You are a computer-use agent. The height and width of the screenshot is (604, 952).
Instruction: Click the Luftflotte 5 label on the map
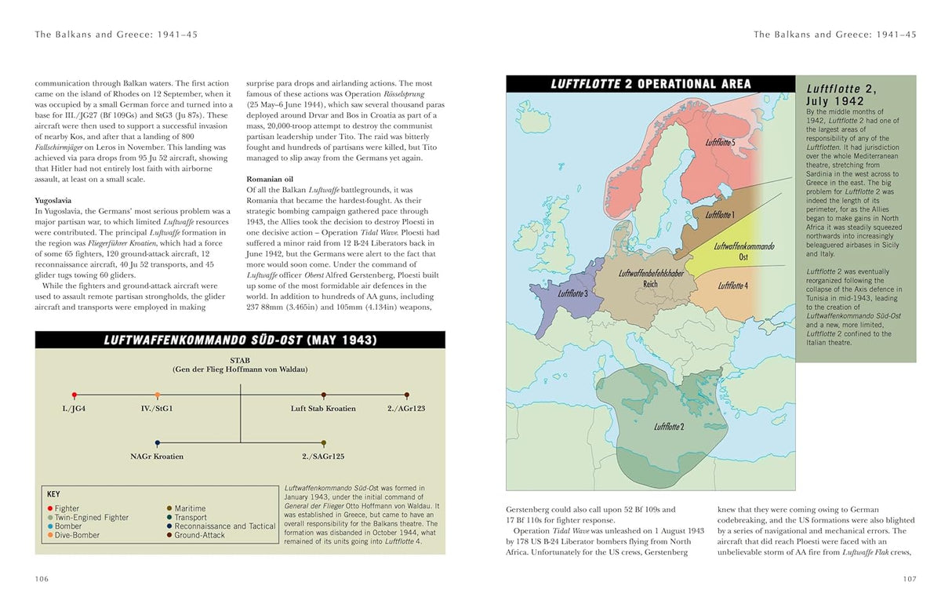point(719,142)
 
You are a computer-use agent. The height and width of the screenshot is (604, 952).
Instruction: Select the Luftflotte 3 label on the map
point(572,293)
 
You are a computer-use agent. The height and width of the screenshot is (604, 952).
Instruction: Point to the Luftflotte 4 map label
point(732,286)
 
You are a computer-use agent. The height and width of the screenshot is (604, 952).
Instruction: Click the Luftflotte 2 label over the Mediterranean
point(669,427)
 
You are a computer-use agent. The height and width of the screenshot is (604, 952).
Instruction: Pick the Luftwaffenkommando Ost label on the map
point(744,251)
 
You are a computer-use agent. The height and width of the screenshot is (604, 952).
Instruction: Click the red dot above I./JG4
point(74,395)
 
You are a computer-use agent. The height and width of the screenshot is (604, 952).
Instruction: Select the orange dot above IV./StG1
point(158,395)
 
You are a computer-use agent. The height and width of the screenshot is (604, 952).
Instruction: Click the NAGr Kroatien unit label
point(157,457)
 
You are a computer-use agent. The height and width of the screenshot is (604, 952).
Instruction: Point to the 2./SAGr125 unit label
point(323,457)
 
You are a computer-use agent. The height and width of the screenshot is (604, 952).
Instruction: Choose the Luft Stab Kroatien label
point(323,409)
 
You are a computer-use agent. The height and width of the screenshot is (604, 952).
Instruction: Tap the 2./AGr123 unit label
point(406,409)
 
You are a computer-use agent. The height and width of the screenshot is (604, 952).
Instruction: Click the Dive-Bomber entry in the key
point(78,536)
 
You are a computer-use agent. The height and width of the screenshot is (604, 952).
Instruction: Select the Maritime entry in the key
point(190,508)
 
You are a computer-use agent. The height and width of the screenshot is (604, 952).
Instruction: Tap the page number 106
point(42,579)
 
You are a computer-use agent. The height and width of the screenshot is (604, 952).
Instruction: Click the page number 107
point(909,579)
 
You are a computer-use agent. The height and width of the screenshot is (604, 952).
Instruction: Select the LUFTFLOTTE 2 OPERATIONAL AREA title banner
point(650,84)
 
